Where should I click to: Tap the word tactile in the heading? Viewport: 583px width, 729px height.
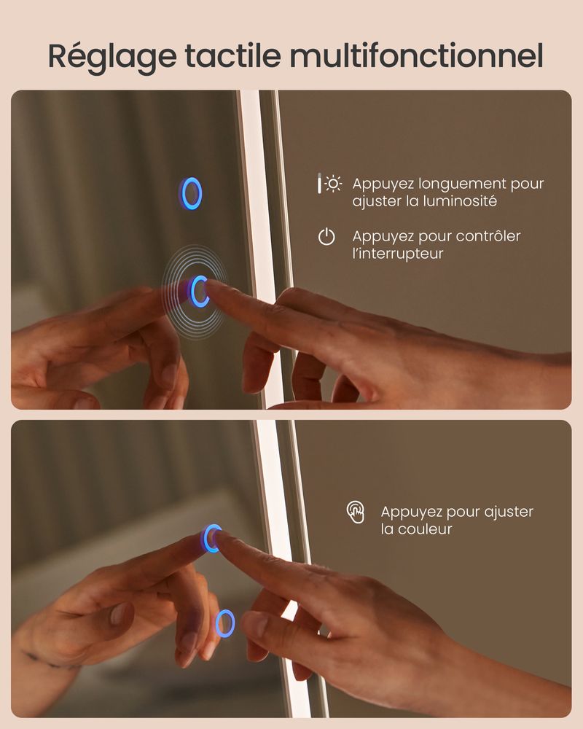[233, 56]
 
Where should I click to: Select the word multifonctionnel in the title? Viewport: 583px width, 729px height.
[417, 56]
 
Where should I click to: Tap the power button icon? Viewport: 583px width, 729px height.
[326, 237]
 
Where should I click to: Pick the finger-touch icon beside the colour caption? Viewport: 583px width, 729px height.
[356, 512]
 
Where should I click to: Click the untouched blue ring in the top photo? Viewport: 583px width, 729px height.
[191, 193]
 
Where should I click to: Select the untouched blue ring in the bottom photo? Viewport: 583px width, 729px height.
[225, 623]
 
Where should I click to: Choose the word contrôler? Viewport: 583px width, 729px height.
[488, 236]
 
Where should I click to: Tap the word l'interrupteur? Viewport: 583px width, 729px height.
[397, 254]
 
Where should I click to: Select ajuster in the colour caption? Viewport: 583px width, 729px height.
[509, 512]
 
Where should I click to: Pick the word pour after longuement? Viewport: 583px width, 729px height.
[527, 185]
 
